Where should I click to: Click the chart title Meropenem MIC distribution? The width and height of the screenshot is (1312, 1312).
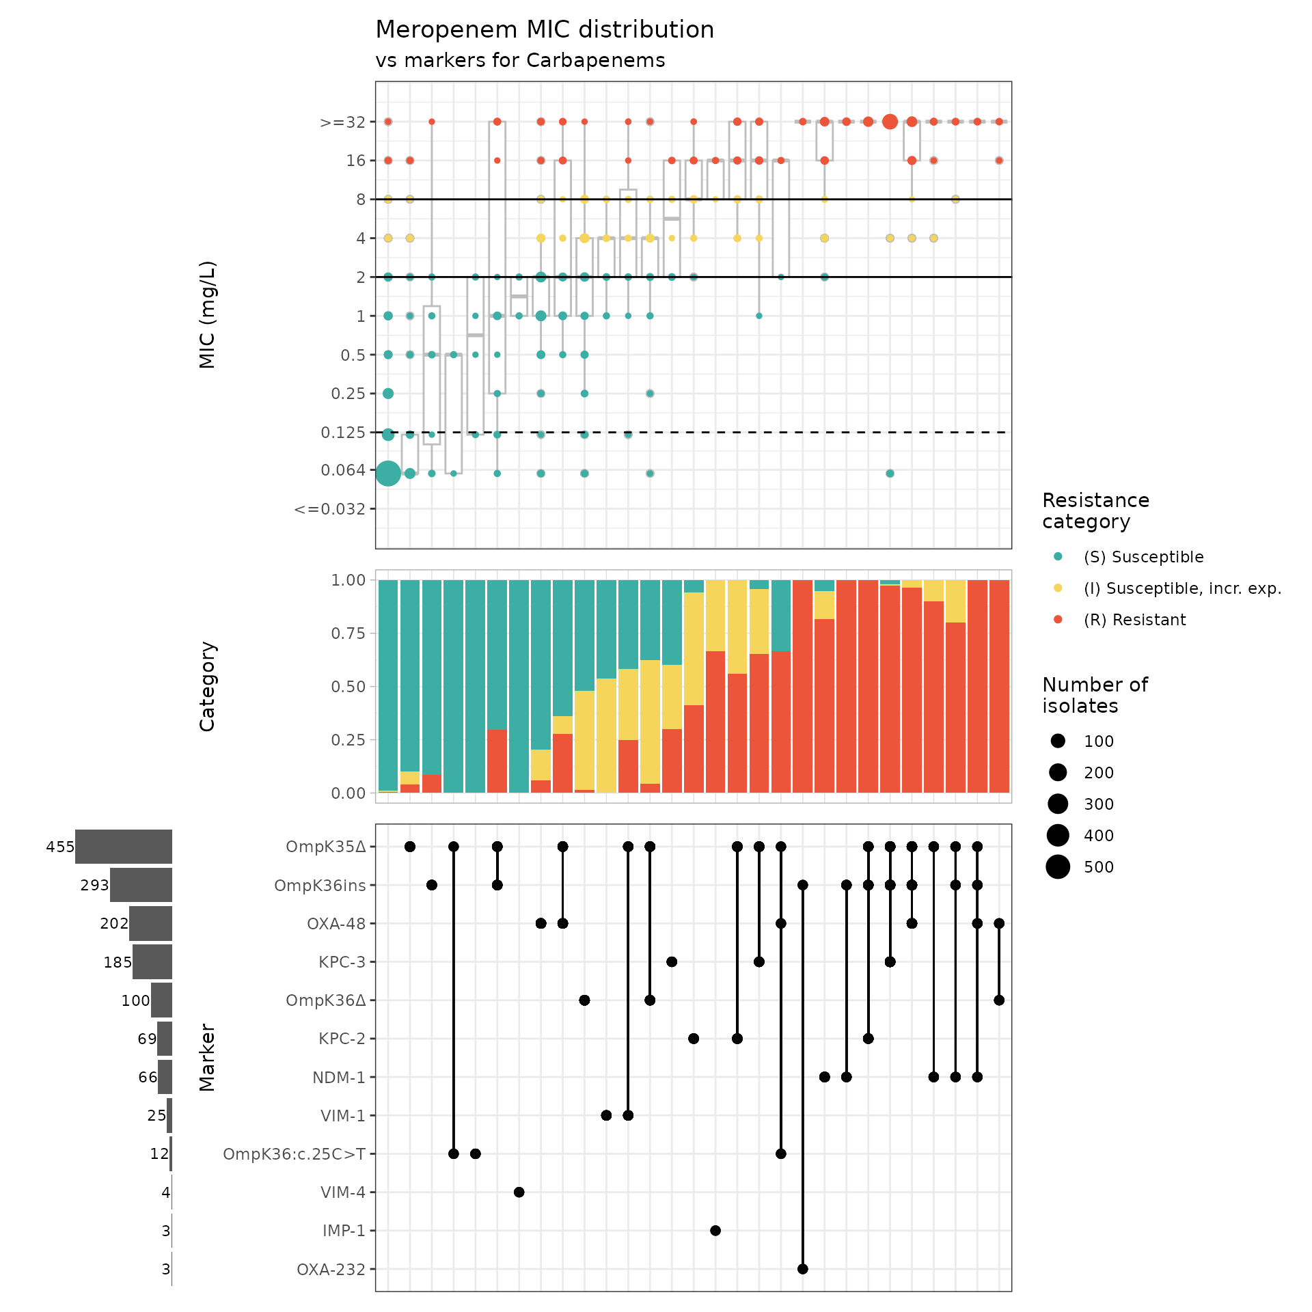coord(545,30)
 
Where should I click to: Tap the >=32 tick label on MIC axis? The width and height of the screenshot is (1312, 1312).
coord(342,122)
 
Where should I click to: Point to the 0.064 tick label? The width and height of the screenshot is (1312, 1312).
coord(343,470)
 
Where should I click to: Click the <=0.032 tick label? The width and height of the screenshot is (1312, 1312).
coord(329,509)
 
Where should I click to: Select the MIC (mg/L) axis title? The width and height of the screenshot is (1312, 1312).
coord(207,314)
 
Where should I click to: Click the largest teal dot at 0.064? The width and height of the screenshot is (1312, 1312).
coord(388,473)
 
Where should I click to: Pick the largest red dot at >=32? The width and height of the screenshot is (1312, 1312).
coord(890,122)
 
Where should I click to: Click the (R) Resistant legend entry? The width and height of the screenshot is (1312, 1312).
coord(1134,620)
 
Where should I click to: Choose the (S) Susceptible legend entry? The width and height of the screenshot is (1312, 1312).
coord(1143,557)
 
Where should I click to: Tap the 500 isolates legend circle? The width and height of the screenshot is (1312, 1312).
coord(1058,866)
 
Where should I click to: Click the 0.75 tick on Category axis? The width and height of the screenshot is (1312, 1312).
coord(348,633)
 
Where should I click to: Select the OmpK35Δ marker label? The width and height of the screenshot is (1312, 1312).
coord(325,847)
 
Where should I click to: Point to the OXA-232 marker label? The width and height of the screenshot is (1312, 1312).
coord(331,1270)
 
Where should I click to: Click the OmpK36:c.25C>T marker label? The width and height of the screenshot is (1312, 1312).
coord(294,1154)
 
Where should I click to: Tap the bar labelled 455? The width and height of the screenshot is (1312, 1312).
coord(124,847)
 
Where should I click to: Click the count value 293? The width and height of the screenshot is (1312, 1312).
coord(94,885)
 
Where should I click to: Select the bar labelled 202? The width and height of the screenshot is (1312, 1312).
coord(150,923)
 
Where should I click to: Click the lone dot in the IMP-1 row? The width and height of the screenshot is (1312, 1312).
coord(715,1231)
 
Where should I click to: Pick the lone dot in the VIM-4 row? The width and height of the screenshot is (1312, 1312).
coord(519,1192)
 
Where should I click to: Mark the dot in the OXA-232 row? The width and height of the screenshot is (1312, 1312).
coord(803,1269)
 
